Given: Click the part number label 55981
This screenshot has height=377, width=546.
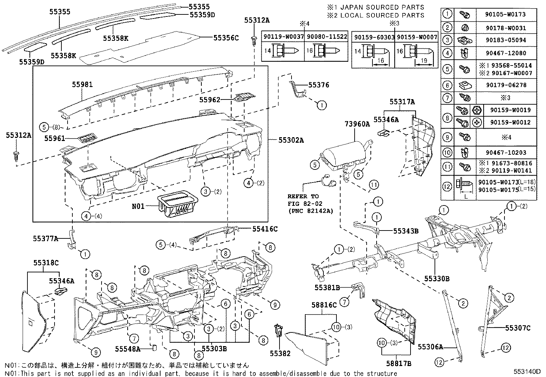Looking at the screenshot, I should [82, 84].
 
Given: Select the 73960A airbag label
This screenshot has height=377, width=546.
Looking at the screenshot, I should [357, 124].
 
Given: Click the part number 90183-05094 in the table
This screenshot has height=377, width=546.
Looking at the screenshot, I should [506, 40].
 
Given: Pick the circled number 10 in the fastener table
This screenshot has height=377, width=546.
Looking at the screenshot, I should [447, 152].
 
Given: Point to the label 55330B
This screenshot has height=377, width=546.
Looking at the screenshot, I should [437, 279].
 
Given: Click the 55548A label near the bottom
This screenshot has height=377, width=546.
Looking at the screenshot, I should [128, 349].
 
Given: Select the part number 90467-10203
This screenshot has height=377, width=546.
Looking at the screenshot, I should [506, 152].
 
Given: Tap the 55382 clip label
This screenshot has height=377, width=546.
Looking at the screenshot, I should [280, 353].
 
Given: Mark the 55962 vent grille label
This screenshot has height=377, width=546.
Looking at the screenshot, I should [210, 100].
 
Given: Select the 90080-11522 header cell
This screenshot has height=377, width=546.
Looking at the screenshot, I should [326, 37].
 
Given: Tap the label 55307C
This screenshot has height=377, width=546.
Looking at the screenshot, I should [518, 328].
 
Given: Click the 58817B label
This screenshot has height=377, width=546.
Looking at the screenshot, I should [399, 363].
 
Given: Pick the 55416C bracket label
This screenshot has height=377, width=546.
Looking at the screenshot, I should [265, 229].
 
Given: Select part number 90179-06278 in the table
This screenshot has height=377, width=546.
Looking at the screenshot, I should [506, 85].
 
